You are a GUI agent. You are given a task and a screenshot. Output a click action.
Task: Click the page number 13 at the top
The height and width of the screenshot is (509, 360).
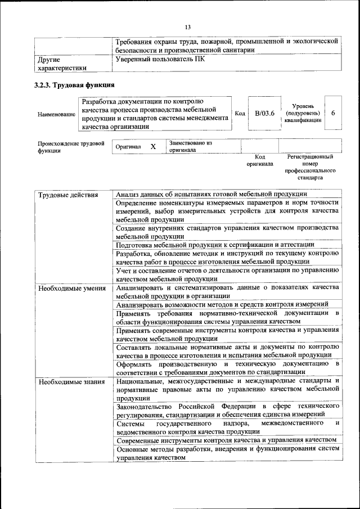click(x=188, y=26)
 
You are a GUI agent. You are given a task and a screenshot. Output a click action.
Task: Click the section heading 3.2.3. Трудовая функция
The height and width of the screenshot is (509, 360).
click(x=75, y=85)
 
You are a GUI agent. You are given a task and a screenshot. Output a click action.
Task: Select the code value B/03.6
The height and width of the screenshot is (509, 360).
click(x=264, y=114)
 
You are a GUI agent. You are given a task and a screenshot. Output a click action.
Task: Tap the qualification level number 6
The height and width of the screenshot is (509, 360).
click(x=333, y=113)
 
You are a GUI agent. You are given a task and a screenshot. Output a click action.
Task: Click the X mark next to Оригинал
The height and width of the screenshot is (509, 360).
click(x=153, y=146)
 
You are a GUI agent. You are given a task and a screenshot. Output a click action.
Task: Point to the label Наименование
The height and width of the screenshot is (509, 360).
click(x=57, y=114)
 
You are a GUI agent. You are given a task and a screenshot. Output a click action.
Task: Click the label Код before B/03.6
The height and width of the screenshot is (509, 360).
click(x=240, y=114)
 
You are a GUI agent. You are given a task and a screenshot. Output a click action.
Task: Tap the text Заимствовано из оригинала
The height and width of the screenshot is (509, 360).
click(x=190, y=147)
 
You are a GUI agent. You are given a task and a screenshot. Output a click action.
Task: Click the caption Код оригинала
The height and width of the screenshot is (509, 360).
click(x=259, y=160)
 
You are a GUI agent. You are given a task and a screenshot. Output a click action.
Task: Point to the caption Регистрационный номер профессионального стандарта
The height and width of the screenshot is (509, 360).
click(x=310, y=166)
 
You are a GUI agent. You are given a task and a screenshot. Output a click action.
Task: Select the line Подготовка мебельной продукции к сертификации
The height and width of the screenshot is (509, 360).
click(x=215, y=245)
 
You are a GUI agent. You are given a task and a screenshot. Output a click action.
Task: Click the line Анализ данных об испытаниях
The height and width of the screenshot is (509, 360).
click(x=211, y=194)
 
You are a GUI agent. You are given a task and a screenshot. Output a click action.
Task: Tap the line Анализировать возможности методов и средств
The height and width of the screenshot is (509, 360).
click(x=222, y=304)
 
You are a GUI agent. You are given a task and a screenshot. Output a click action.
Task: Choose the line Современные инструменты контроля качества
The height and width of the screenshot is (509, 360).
click(x=226, y=439)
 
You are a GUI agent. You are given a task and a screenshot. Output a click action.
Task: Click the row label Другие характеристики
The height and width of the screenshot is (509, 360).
click(x=62, y=64)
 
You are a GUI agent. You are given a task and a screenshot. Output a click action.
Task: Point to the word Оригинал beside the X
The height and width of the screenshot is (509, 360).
click(x=128, y=147)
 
